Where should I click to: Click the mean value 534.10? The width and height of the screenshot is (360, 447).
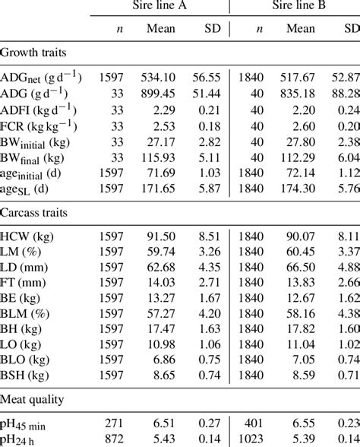[x=159, y=77]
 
